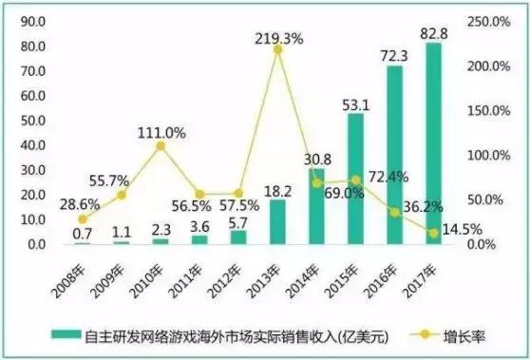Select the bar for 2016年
pyautogui.click(x=393, y=156)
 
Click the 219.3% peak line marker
pyautogui.click(x=277, y=49)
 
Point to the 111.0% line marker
pyautogui.click(x=161, y=145)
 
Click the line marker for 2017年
pyautogui.click(x=433, y=232)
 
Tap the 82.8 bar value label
pyautogui.click(x=433, y=33)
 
